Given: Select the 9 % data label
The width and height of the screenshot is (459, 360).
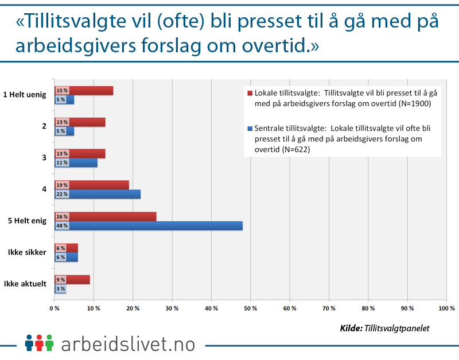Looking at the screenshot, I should pyautogui.click(x=61, y=280).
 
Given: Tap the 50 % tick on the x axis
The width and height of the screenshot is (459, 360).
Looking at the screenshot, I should pyautogui.click(x=250, y=308).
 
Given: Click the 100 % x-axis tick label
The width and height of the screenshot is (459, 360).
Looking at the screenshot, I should pyautogui.click(x=446, y=308).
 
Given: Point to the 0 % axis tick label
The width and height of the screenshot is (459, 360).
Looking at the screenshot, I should pyautogui.click(x=55, y=308).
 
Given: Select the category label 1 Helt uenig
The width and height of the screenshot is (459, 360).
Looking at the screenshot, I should pyautogui.click(x=24, y=95).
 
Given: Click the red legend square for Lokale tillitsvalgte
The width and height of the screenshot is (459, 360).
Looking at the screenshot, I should pyautogui.click(x=250, y=92).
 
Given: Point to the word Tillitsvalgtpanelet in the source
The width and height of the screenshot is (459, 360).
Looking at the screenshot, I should pyautogui.click(x=397, y=328).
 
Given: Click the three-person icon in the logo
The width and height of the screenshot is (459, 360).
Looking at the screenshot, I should pyautogui.click(x=39, y=343).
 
